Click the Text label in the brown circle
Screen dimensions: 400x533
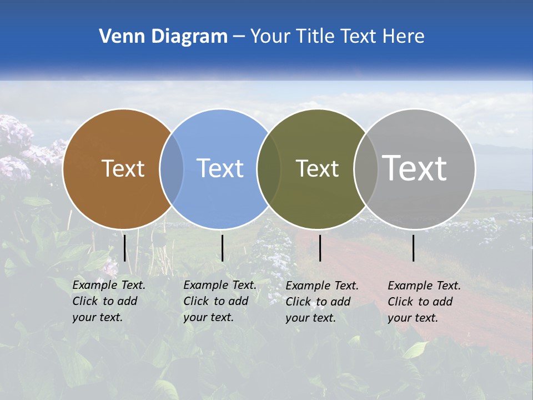pos(123,168)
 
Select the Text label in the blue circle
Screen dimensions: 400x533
pos(220,168)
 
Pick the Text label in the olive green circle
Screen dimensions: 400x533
pos(317,168)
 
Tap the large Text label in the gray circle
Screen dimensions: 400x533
pos(415,168)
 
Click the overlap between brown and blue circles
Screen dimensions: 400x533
pos(172,169)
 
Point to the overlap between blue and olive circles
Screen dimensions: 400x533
pos(269,169)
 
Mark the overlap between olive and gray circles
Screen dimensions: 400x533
pos(366,169)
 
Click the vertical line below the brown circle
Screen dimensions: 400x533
pos(125,248)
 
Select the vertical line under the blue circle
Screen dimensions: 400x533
pos(222,248)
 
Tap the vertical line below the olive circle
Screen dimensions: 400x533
pos(320,248)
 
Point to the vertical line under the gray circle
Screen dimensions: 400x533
pos(414,248)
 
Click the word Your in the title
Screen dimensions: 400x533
pos(270,37)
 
